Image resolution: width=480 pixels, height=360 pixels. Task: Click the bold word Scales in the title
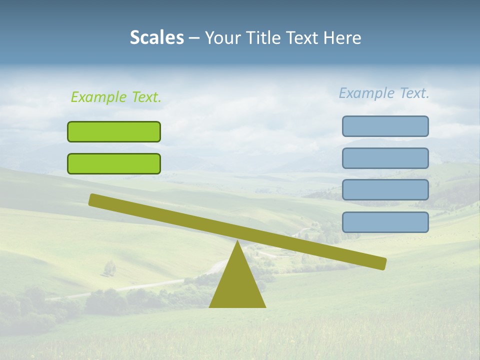coord(156,38)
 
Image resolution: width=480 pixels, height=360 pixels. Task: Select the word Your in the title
coord(222,38)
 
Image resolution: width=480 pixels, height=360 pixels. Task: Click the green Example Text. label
coord(116,97)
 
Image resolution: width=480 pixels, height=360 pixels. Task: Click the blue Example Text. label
coord(384,93)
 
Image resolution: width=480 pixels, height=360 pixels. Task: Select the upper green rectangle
coord(114,131)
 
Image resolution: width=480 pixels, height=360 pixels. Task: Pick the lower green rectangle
coord(114,163)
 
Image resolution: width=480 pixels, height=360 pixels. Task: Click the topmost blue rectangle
coord(385,126)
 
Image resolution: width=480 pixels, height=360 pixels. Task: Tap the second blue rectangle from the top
coord(385,158)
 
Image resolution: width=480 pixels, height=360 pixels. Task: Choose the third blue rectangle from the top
coord(385,190)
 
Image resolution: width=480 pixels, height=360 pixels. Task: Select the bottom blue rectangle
coord(385,222)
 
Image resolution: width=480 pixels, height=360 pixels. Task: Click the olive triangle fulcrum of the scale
coord(237,285)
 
